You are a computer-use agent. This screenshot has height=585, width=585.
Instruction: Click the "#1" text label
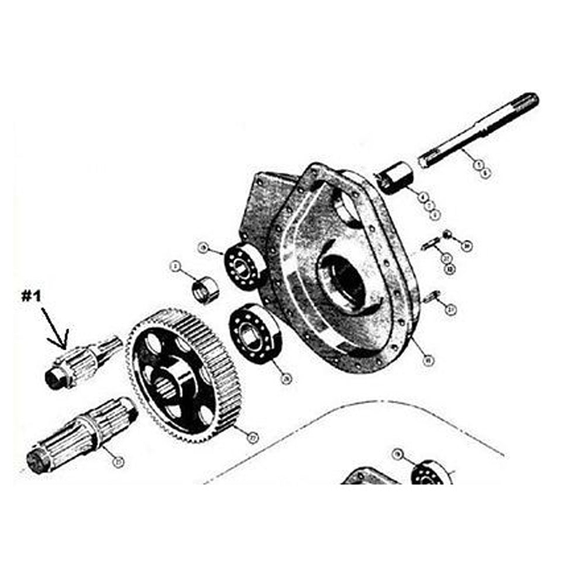pos(33,296)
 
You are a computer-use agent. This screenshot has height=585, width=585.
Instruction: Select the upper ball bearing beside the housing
pos(245,266)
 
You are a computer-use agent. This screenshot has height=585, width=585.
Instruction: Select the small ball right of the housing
pos(446,235)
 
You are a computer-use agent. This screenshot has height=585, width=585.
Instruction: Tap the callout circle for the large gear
pos(253,436)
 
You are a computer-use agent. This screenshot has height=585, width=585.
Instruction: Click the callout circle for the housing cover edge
pos(428,361)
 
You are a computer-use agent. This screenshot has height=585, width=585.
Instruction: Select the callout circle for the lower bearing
pos(286,378)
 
